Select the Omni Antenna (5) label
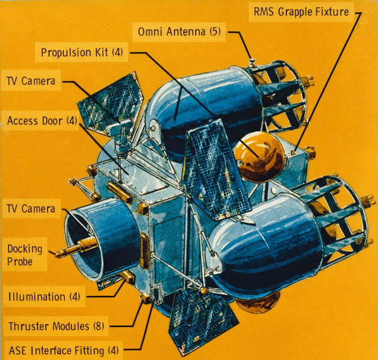pos(180,31)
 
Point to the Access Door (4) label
pos(42,121)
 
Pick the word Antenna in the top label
pos(184,31)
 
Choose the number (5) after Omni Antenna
pos(214,31)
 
